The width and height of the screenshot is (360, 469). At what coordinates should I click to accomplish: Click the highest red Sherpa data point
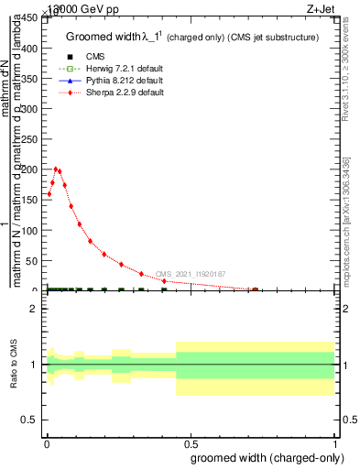tap(56, 169)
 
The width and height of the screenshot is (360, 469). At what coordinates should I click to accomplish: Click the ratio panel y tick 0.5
tap(29, 420)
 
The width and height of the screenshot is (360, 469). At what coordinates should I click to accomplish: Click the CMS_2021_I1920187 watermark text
tap(191, 274)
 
